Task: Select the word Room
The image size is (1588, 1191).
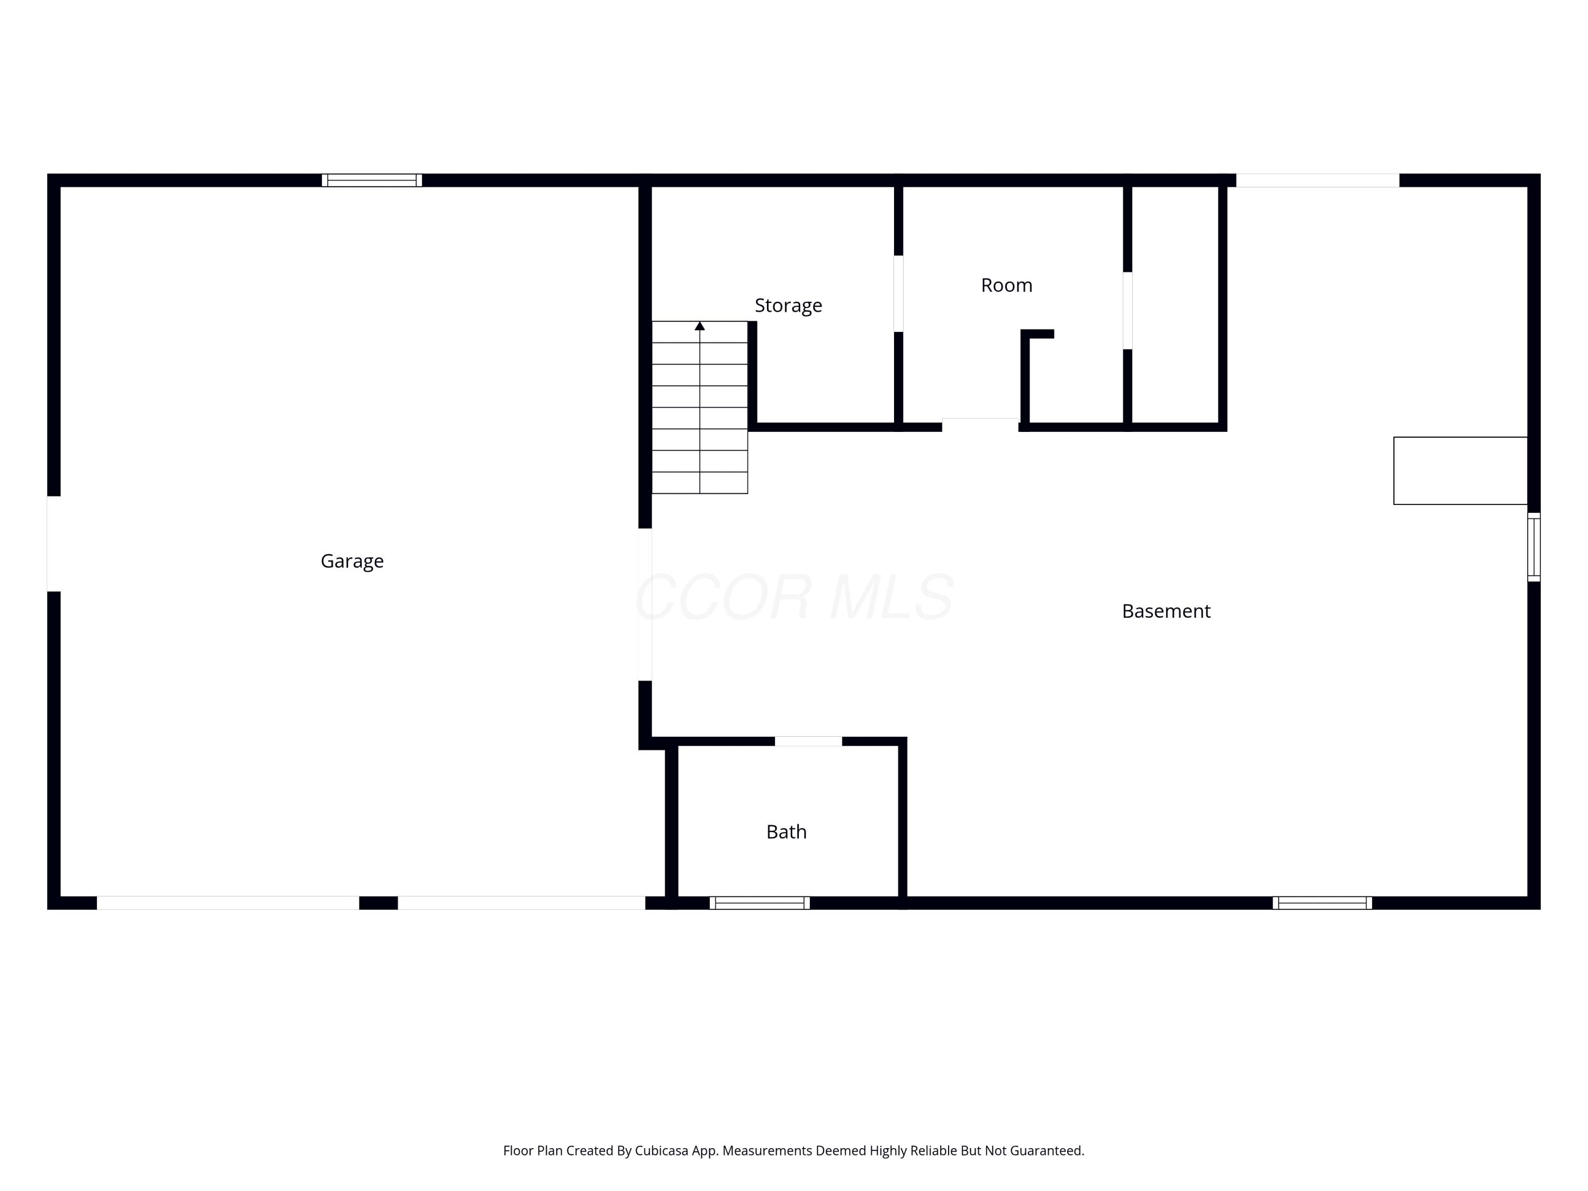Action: click(1006, 285)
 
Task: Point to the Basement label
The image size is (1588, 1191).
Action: click(1166, 611)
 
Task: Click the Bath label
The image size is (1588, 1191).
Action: click(786, 832)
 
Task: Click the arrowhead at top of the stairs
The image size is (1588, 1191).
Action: click(700, 326)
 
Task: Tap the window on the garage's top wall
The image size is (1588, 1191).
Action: click(372, 180)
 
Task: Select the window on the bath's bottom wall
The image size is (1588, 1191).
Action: click(760, 903)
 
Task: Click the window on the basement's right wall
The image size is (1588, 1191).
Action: click(1533, 547)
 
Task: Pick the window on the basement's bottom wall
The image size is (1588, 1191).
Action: click(1322, 903)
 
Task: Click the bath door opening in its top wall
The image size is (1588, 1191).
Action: click(808, 742)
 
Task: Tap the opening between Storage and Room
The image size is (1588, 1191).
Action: click(898, 294)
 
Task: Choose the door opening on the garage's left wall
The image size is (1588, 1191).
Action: click(54, 544)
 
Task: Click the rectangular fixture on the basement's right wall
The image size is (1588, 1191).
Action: click(1460, 471)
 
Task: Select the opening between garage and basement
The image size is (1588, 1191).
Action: click(645, 604)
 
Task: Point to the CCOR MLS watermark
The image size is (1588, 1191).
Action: click(794, 597)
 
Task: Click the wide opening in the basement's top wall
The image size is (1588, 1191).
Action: click(1318, 180)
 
